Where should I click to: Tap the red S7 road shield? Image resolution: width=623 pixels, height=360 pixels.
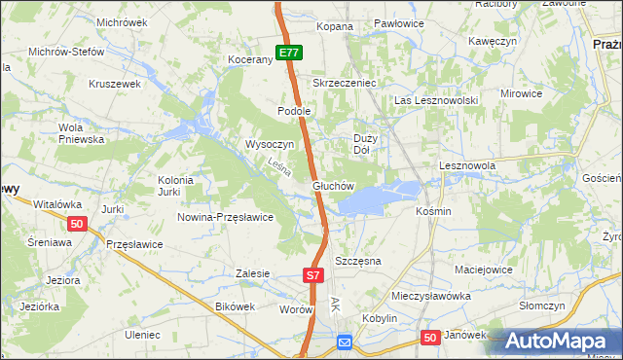[311, 276]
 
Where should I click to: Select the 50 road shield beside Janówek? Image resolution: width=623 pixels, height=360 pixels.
[430, 337]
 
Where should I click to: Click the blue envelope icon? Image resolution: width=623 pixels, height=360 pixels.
[344, 342]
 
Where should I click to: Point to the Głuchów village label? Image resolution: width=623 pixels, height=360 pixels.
[333, 185]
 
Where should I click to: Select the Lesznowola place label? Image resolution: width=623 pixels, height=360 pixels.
[467, 166]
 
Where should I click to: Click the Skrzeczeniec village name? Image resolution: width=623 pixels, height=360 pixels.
[344, 84]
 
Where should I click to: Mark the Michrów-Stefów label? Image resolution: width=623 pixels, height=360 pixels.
[66, 52]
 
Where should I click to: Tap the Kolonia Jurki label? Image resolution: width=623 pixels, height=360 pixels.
[176, 186]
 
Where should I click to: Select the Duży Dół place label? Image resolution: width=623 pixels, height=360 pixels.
[362, 144]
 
